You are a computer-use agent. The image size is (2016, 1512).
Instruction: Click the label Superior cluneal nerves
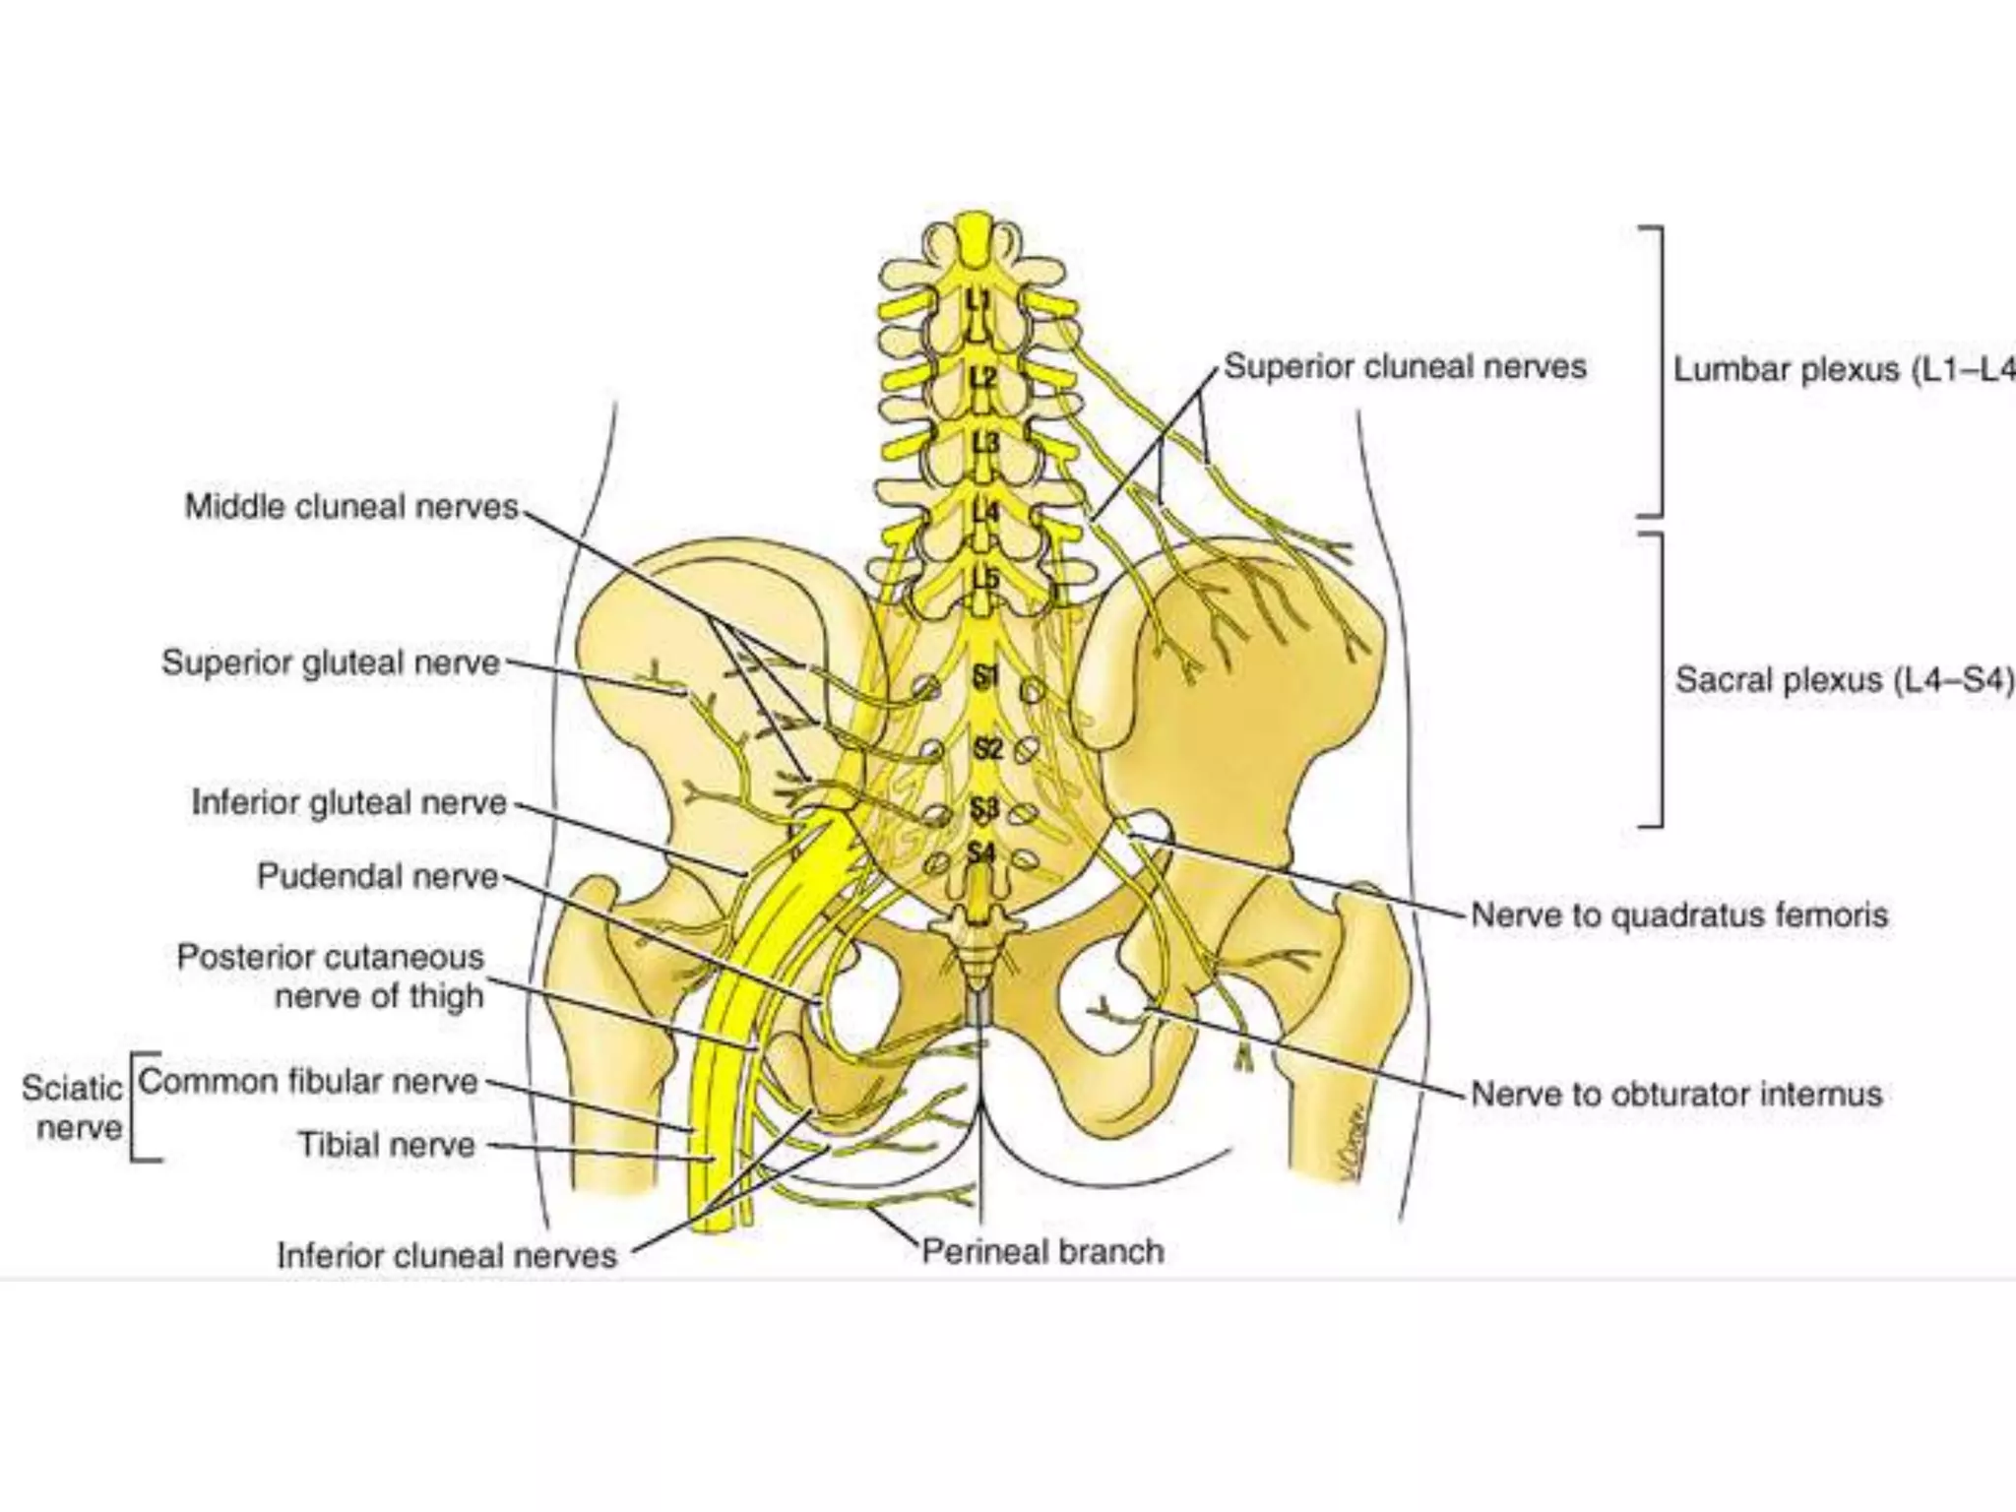point(1405,367)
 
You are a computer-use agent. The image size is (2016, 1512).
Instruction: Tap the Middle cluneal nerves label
point(351,507)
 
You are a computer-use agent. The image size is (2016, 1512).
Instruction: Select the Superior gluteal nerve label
point(331,662)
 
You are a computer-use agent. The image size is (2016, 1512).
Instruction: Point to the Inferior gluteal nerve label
point(348,802)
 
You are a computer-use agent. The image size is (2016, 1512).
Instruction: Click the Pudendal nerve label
point(377,876)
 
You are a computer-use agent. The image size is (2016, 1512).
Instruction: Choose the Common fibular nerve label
point(308,1082)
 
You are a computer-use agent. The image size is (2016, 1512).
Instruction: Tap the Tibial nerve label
point(387,1145)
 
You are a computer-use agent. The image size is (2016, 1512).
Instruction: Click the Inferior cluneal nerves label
point(447,1255)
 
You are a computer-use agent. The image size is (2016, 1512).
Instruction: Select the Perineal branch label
point(1042,1251)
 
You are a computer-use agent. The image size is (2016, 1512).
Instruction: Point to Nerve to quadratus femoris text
point(1679,915)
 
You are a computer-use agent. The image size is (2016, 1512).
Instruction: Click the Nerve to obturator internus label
point(1676,1094)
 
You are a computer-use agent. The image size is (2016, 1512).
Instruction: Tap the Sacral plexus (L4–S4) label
point(1844,680)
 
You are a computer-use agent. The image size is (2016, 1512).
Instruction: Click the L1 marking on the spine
point(978,298)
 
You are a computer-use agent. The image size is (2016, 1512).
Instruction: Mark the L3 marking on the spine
point(985,443)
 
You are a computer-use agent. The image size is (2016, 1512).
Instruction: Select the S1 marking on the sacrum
point(985,676)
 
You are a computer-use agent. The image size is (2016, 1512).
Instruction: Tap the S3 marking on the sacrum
point(984,809)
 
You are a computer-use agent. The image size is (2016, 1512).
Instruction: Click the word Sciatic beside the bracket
point(72,1089)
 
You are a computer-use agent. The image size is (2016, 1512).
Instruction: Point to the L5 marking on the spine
point(985,579)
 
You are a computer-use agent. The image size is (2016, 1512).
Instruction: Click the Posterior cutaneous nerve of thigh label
point(331,976)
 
